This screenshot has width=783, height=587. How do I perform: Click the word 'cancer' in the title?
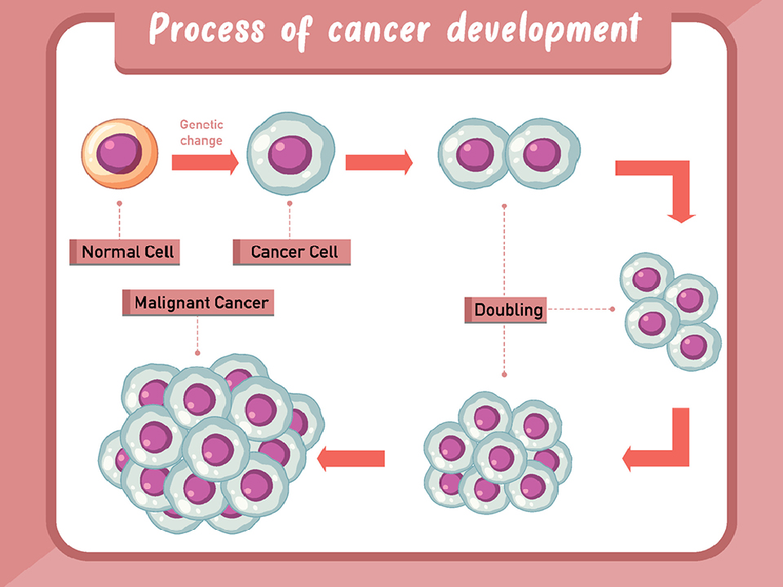click(381, 30)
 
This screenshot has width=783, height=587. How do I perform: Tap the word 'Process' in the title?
click(207, 30)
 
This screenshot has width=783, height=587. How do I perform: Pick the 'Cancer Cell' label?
click(294, 252)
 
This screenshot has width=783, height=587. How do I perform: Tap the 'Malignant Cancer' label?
click(200, 303)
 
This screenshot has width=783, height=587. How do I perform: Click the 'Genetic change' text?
click(201, 133)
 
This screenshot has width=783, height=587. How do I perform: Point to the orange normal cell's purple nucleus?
click(118, 154)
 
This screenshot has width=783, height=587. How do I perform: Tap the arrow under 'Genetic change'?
click(205, 162)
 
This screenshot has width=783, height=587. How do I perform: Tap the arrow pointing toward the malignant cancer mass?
click(351, 458)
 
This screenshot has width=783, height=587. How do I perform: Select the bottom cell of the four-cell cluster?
click(694, 346)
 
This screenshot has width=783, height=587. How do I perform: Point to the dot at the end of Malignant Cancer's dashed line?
click(197, 353)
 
